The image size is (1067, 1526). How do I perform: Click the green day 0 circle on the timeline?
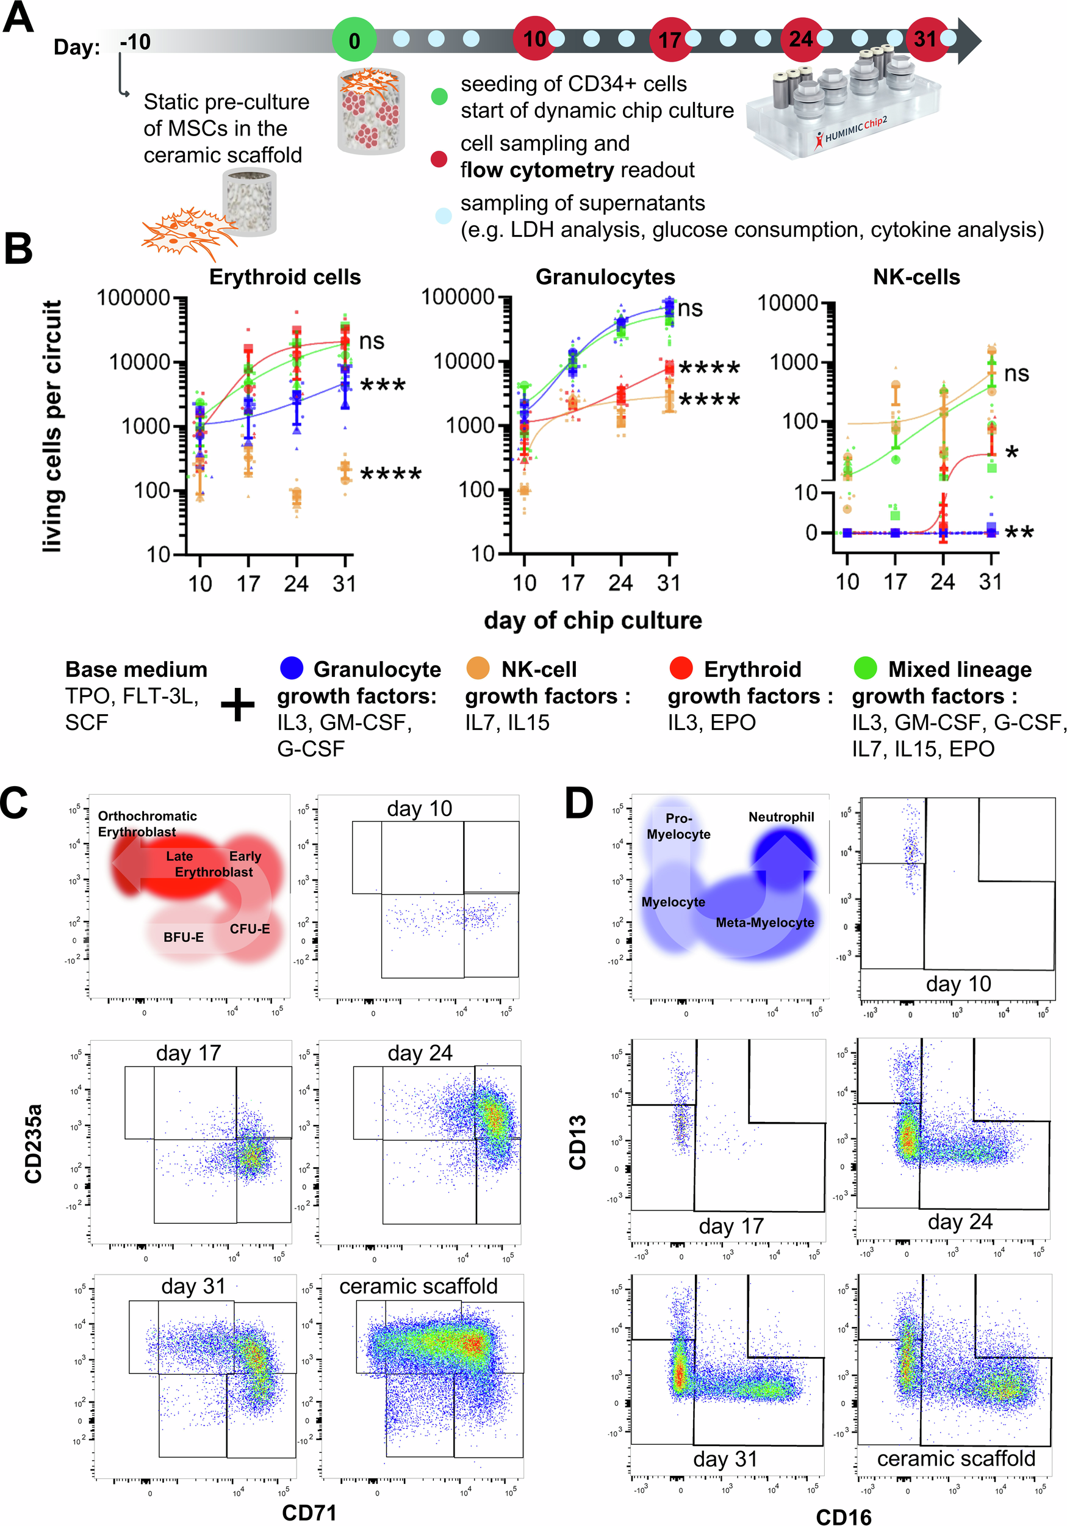(354, 39)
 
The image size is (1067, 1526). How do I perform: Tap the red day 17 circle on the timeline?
(670, 39)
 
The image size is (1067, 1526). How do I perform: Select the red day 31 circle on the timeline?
(926, 39)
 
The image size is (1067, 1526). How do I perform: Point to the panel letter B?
(18, 248)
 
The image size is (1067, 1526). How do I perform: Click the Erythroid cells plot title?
(285, 277)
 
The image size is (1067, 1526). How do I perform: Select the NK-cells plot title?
(916, 277)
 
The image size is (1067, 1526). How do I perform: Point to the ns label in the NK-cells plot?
(1016, 374)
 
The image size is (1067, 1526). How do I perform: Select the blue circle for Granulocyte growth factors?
(292, 668)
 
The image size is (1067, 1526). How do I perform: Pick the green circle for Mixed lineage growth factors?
(865, 668)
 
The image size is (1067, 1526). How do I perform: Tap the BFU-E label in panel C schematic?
(184, 937)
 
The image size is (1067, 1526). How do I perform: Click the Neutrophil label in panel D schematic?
(781, 817)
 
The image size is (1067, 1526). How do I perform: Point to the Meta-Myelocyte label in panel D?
(764, 922)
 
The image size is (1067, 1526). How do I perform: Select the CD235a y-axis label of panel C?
(33, 1143)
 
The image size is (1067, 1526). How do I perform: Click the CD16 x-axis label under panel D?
(843, 1516)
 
